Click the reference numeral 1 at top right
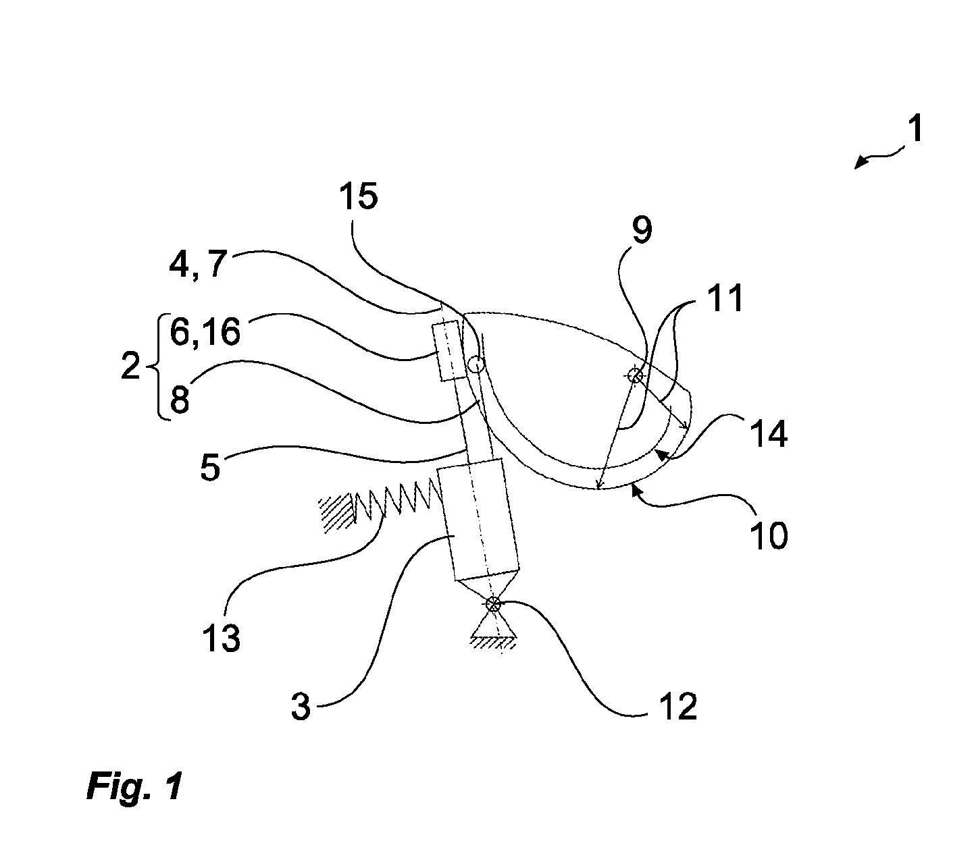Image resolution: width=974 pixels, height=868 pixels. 915,128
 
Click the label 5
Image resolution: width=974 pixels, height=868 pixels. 210,466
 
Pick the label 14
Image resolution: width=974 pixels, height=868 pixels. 769,434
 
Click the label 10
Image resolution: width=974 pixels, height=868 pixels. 768,535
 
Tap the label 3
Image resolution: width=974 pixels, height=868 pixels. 301,707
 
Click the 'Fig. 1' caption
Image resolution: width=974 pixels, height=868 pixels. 134,786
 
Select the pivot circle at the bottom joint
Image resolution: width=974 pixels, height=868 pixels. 493,604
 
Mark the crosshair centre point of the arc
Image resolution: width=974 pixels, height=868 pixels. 635,375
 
